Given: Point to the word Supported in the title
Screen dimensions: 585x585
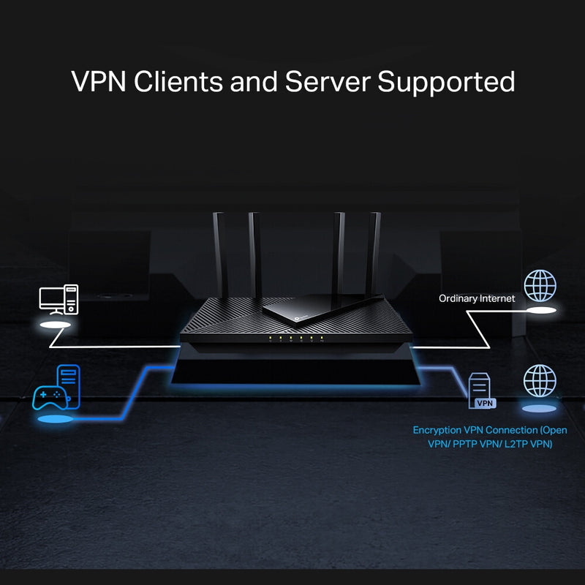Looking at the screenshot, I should click(446, 83).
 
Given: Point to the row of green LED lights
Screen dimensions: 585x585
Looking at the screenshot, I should click(295, 339).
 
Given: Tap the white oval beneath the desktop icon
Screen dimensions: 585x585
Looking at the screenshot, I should click(57, 322).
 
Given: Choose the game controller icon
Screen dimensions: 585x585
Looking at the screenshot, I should click(49, 398).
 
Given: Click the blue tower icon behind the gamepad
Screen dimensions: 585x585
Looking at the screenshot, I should click(68, 382).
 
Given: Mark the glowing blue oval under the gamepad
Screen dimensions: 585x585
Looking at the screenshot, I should click(55, 420).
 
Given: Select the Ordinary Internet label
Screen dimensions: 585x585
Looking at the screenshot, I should click(477, 298).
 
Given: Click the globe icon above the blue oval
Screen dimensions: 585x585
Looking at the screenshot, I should click(540, 380).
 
